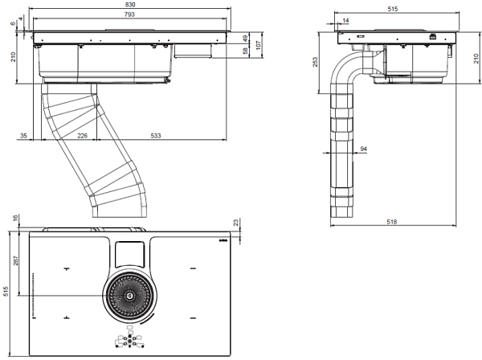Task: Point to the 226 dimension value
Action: (x=82, y=135)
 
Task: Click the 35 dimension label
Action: (x=23, y=135)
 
